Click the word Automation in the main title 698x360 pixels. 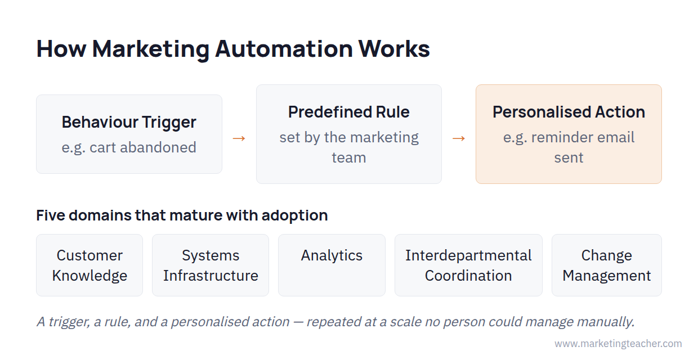coord(284,49)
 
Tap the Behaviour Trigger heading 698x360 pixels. coord(129,122)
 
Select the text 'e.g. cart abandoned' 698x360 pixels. coord(129,147)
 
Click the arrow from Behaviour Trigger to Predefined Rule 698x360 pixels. coord(239,138)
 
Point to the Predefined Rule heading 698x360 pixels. coord(348,112)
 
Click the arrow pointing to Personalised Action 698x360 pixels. coord(459,138)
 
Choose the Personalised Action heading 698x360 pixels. coord(569,112)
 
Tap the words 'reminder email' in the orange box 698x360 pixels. coord(583,137)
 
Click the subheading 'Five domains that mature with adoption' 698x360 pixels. coord(182,215)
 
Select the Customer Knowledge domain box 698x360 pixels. coord(90,265)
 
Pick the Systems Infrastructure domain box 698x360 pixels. coord(211,265)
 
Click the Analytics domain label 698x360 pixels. coord(332,256)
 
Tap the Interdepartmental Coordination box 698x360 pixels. coord(468,265)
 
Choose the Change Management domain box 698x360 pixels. coord(606,265)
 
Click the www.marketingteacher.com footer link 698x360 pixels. coord(618,343)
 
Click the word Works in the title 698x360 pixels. coord(394,49)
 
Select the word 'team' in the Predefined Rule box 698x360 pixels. coord(348,157)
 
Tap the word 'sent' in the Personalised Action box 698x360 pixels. coord(569,157)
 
